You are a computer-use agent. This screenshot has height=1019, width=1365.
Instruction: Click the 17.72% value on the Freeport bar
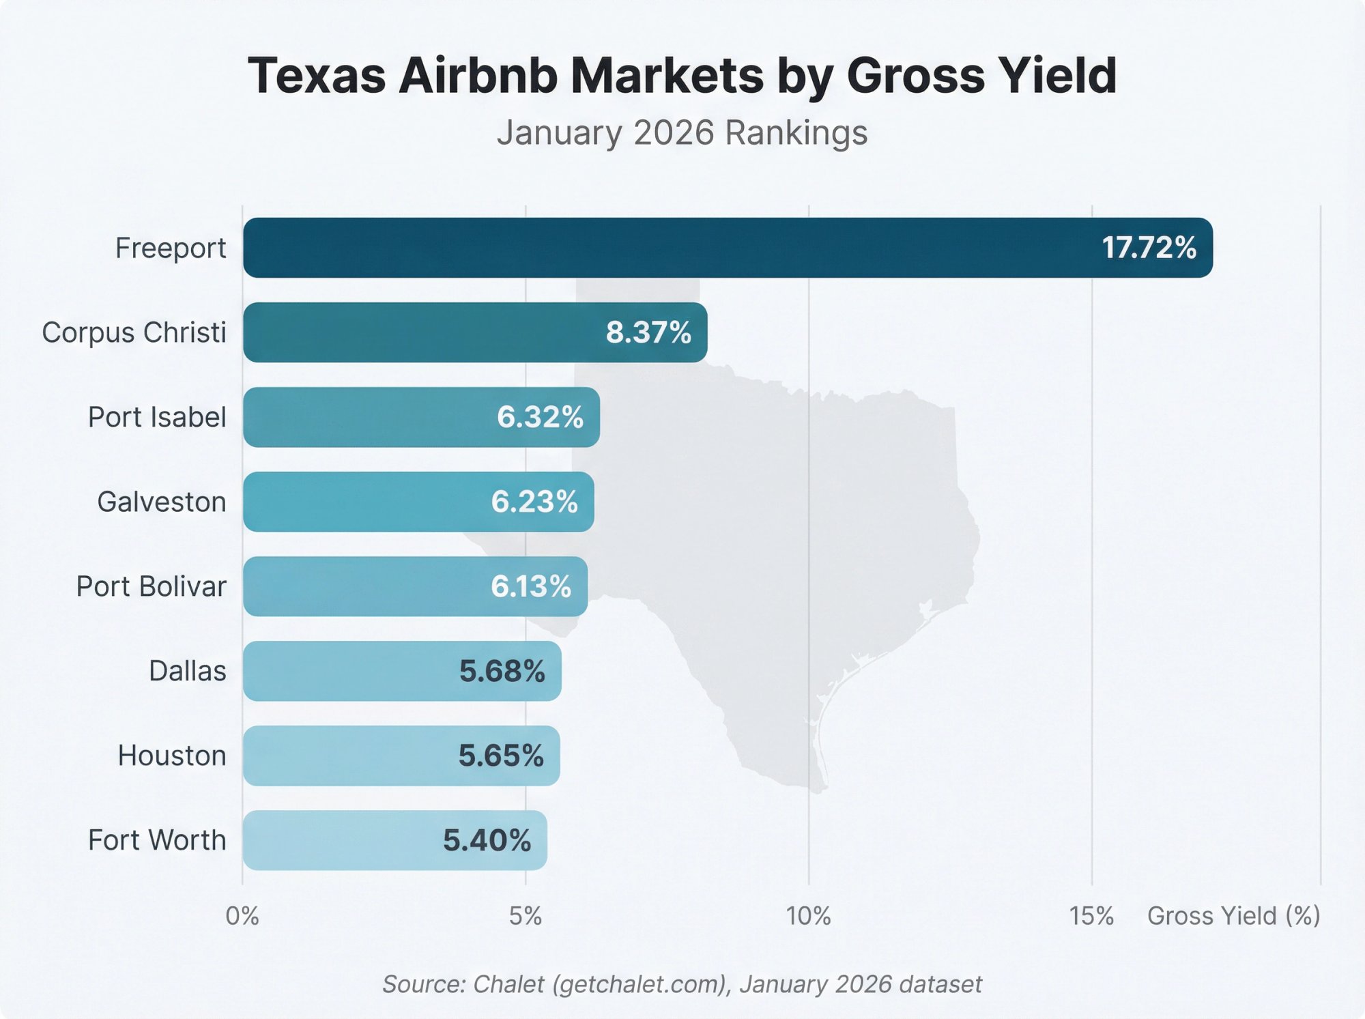point(1149,248)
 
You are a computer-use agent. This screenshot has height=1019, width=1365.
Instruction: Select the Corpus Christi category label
point(134,332)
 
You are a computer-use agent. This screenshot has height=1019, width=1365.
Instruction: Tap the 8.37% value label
point(648,332)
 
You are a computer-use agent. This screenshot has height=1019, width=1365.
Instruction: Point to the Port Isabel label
point(157,417)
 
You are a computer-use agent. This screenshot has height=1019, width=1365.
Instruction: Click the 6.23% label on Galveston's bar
point(534,502)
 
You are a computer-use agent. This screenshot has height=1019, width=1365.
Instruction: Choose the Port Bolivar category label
point(151,586)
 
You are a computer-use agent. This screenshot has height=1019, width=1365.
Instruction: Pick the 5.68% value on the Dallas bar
point(502,671)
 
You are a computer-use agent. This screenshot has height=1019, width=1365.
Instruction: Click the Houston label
point(171,756)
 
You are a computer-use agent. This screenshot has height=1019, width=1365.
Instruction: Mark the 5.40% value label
point(487,840)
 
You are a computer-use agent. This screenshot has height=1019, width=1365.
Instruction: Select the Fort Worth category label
point(157,840)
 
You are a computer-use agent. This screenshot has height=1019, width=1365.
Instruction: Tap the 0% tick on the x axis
point(242,916)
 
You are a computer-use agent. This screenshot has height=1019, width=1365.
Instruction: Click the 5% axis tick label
point(526,916)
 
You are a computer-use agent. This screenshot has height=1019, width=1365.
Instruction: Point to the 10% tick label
point(808,916)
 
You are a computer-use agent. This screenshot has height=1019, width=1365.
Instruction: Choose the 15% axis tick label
point(1091,916)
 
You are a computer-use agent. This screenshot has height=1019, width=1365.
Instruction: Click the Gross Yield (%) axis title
point(1233,916)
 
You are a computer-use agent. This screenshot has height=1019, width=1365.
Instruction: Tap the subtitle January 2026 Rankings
point(682,132)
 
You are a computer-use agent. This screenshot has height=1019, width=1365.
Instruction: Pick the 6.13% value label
point(530,586)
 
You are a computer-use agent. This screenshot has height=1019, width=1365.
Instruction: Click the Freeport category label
point(170,248)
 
